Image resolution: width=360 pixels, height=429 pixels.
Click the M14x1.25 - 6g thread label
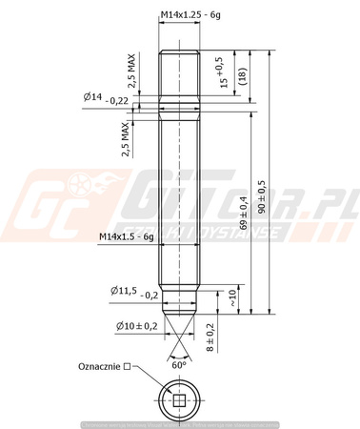click(194, 15)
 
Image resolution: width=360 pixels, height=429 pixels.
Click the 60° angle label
click(178, 364)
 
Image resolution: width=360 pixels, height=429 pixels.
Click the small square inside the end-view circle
click(179, 401)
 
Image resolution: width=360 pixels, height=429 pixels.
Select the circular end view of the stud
click(179, 401)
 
